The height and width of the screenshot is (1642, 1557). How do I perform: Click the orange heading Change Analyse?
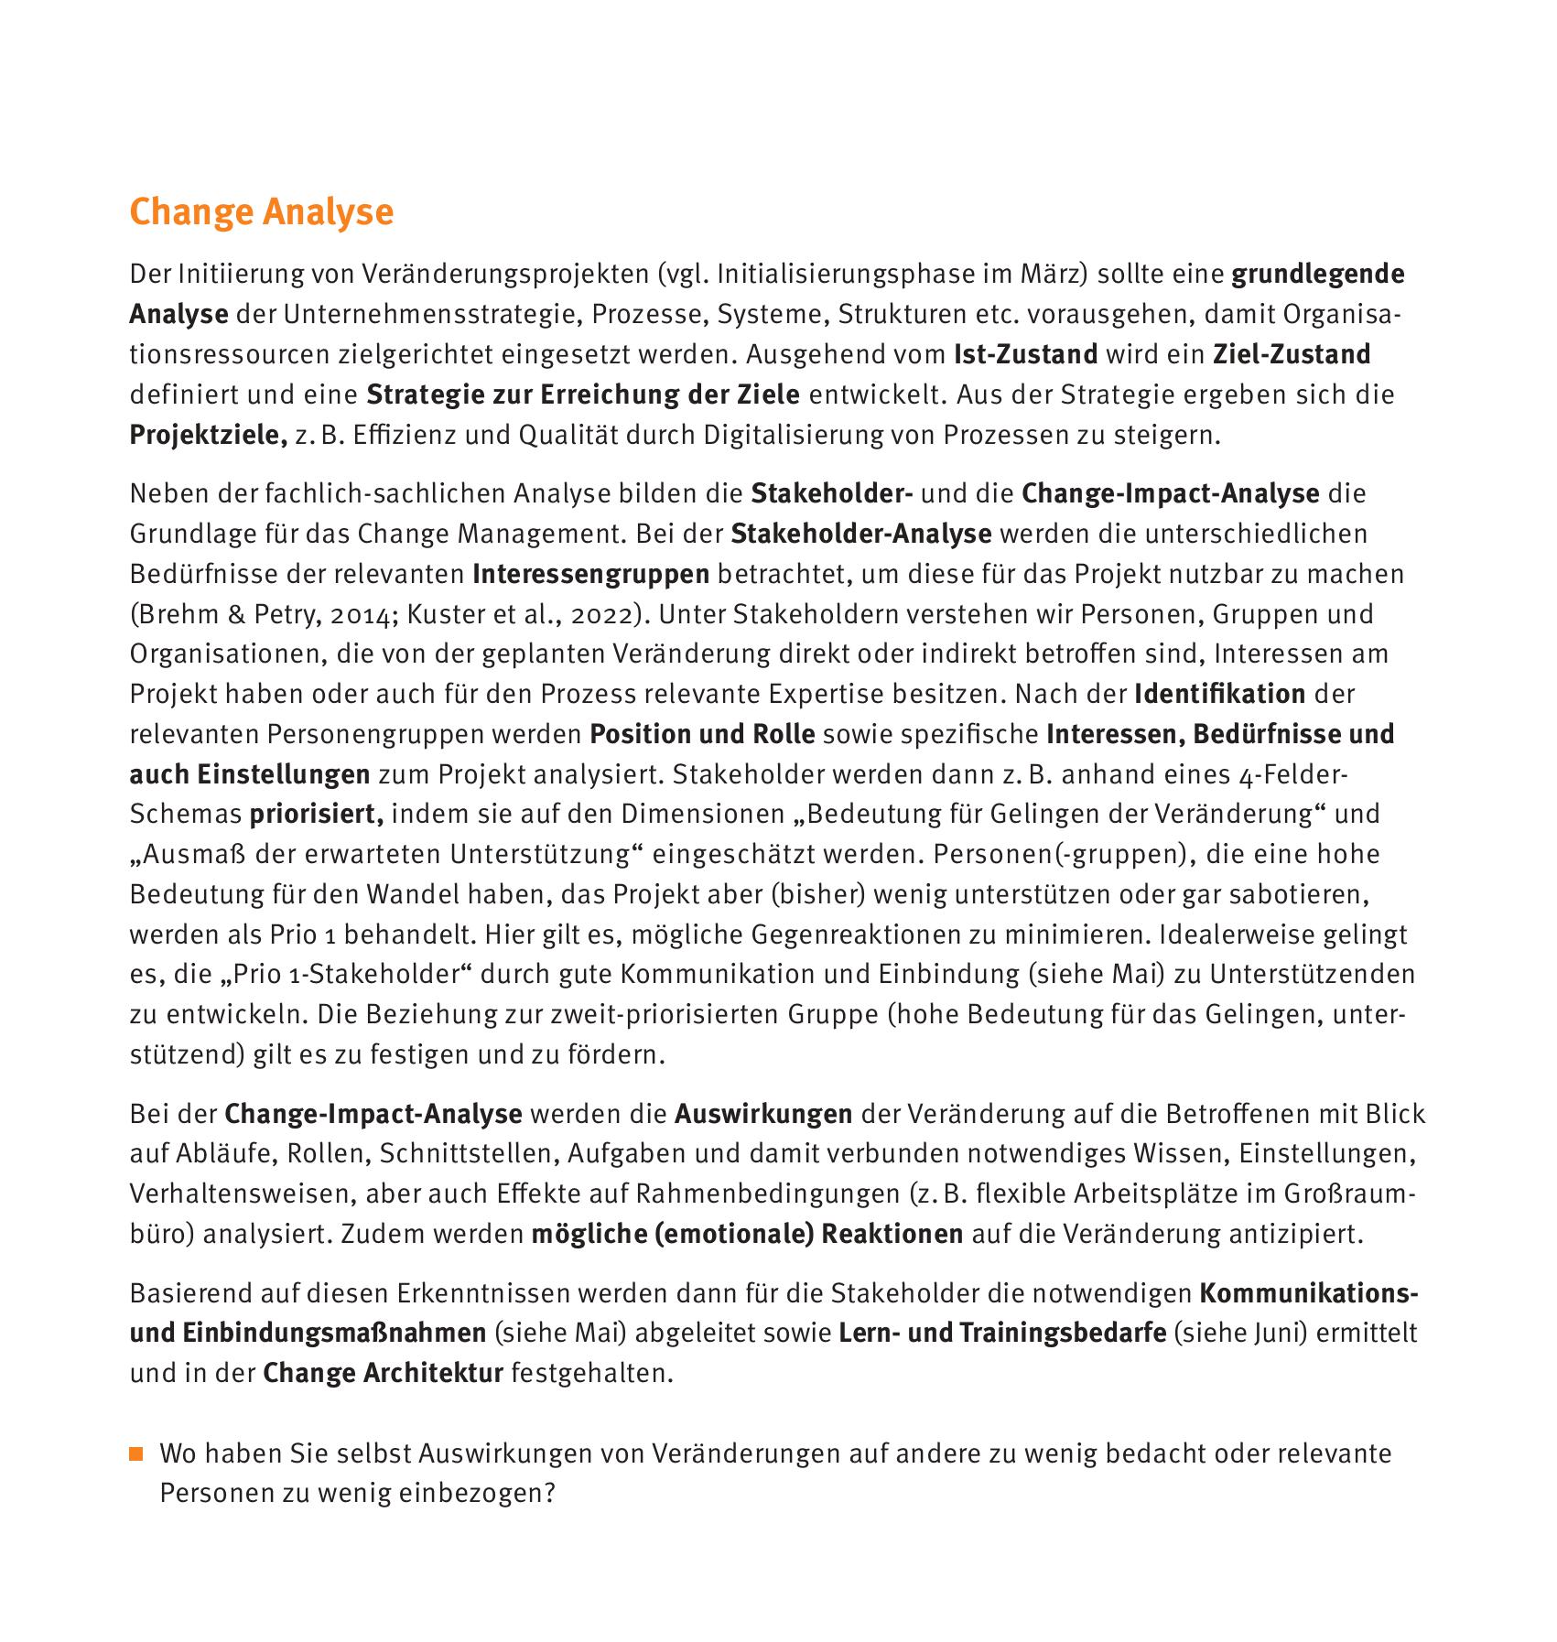click(x=261, y=211)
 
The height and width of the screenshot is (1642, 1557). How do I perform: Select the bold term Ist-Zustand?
click(x=1025, y=354)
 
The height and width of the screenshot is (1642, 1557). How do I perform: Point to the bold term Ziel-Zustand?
click(x=1292, y=354)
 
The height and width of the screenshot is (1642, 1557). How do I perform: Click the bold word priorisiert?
click(x=316, y=814)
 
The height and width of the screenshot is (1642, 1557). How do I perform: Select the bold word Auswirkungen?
click(x=763, y=1114)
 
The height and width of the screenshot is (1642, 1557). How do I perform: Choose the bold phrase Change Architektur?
click(x=383, y=1373)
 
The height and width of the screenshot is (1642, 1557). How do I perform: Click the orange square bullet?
click(x=136, y=1454)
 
